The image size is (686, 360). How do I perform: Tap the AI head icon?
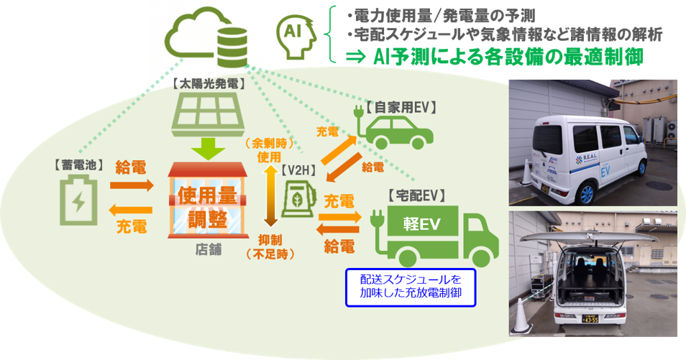click(296, 35)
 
